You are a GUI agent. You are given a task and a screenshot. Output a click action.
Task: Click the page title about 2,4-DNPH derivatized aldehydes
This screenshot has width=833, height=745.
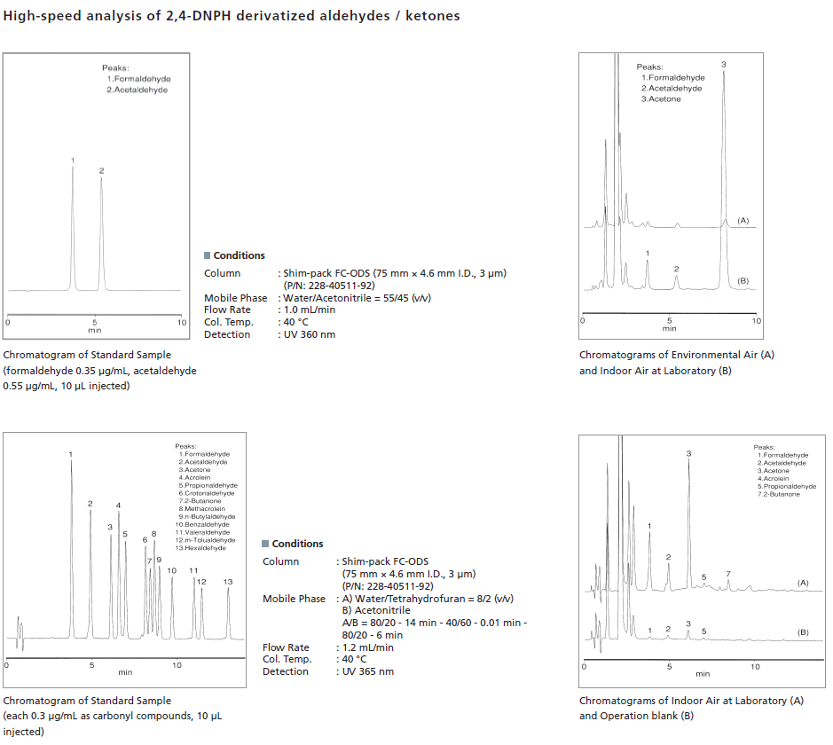[x=232, y=16]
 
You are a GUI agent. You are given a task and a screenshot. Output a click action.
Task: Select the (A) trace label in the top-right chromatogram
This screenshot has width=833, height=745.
[x=743, y=220]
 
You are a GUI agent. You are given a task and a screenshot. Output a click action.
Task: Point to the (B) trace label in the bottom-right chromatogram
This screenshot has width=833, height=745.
[x=803, y=631]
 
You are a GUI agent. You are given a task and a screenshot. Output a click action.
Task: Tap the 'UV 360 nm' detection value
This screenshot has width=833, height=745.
[x=310, y=334]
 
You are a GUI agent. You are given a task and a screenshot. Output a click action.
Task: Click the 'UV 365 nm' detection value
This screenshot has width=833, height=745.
[x=368, y=671]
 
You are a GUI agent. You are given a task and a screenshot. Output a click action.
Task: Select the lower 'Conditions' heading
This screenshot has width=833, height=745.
[x=297, y=544]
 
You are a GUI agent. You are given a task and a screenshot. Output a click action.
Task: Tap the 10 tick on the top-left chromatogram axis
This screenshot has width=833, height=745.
[x=181, y=323]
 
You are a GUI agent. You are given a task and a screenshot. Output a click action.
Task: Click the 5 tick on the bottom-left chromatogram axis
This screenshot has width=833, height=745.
[x=91, y=664]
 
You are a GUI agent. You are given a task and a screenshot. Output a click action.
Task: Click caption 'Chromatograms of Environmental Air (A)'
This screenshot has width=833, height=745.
[x=677, y=355]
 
